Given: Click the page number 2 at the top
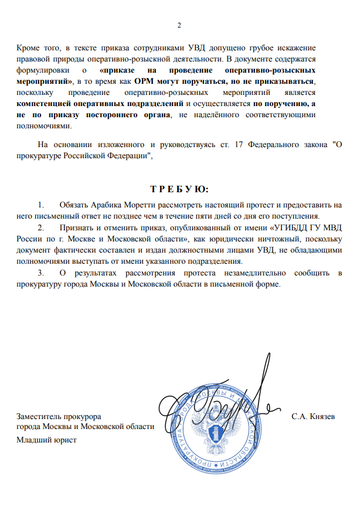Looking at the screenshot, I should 179,25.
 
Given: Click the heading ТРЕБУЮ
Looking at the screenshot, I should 179,189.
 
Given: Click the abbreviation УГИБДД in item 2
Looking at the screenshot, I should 293,226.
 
